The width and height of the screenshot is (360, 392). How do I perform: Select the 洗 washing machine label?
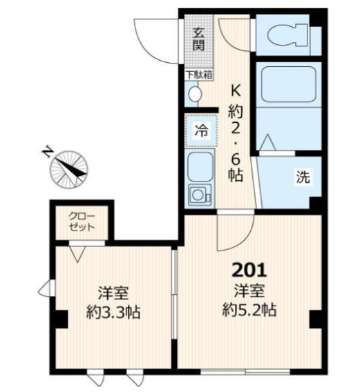coord(303,177)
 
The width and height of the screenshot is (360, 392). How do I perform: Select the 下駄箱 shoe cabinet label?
coord(199,75)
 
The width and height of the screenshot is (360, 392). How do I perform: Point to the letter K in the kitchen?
coord(235,90)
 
